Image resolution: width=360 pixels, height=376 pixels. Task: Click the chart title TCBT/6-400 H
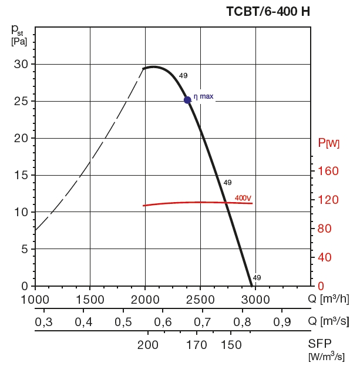[x=268, y=11]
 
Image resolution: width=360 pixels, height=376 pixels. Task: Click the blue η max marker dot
[x=187, y=100]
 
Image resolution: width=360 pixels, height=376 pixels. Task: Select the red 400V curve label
[x=243, y=197]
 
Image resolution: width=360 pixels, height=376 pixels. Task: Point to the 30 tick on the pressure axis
[x=21, y=64]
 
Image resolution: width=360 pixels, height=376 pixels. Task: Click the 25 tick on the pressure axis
[x=21, y=101]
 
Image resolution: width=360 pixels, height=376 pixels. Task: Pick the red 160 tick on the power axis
[x=328, y=171]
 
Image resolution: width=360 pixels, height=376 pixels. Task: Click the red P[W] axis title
[x=328, y=143]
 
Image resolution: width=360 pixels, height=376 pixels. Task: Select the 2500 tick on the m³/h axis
[x=200, y=299]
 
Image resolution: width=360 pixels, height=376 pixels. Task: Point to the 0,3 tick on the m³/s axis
[x=44, y=322]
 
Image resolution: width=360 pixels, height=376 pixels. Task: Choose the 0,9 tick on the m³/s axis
[x=282, y=322]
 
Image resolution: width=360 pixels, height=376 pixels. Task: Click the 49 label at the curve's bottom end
[x=257, y=277]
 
